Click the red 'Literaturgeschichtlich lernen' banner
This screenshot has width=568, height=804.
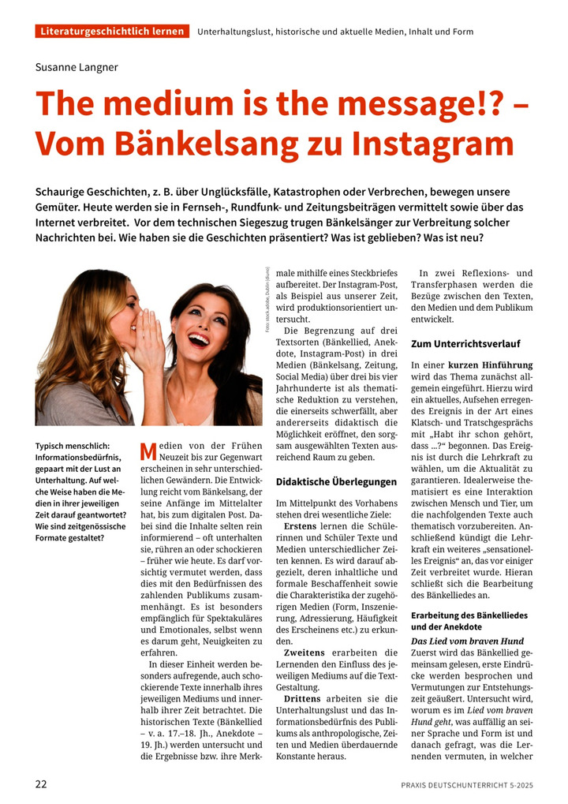[x=112, y=32]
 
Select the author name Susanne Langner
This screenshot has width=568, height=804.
[x=77, y=67]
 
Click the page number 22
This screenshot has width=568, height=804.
[x=41, y=784]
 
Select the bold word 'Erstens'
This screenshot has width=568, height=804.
[x=300, y=525]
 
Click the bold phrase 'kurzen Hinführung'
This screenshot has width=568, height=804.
[x=491, y=365]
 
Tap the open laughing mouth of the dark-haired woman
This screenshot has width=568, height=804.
[x=198, y=339]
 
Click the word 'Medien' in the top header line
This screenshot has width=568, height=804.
[x=384, y=32]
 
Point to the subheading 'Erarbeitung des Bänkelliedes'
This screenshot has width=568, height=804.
[x=469, y=615]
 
